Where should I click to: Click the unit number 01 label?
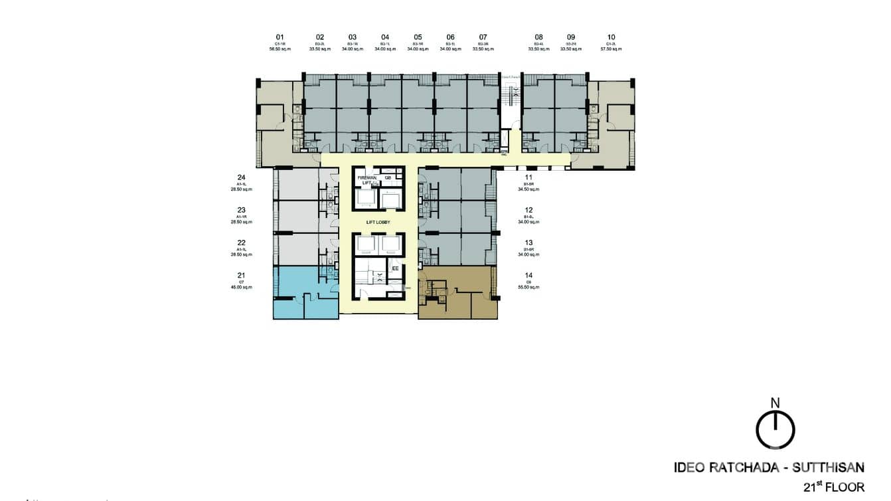pos(280,37)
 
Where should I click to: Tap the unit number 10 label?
pos(611,37)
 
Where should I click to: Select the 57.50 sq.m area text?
pos(611,49)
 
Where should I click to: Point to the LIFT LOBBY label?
pos(378,222)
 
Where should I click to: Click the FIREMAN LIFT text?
pos(366,180)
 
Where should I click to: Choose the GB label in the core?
pos(388,177)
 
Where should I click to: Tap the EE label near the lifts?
pos(394,268)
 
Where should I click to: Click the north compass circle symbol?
pos(775,430)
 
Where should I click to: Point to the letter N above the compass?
pos(775,402)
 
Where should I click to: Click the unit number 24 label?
pos(242,177)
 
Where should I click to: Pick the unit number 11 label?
pos(528,177)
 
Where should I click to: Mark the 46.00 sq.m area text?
pos(242,286)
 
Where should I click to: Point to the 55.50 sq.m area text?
pos(528,286)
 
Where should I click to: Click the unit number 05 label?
pos(418,37)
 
